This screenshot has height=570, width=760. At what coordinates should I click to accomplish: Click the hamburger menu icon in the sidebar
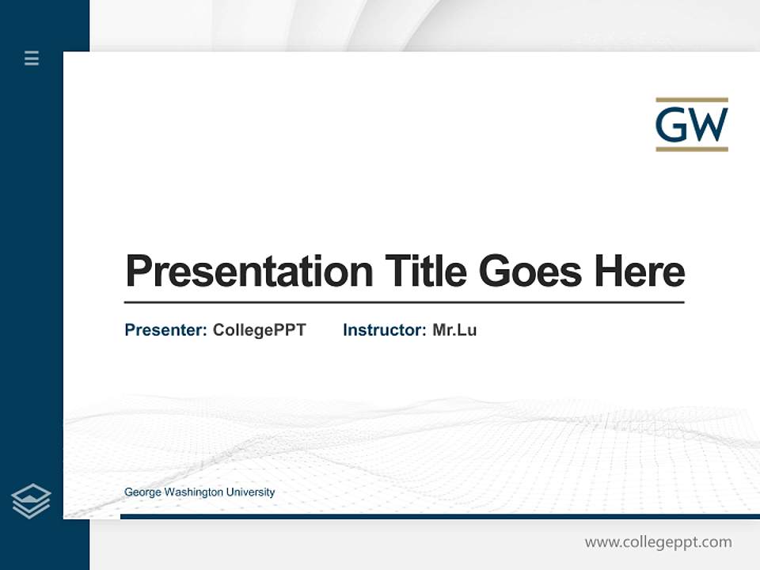point(32,58)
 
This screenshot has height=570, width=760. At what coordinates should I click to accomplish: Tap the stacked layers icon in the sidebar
point(31,501)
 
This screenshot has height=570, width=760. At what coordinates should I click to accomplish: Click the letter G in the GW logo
point(673,124)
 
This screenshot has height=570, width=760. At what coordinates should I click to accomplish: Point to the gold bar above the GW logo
point(691,101)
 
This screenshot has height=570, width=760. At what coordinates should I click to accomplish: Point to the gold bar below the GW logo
point(691,148)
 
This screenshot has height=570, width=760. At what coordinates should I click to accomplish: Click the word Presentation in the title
point(249,272)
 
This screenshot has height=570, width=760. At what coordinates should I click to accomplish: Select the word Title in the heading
point(425,272)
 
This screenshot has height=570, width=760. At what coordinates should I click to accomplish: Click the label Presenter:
point(165,330)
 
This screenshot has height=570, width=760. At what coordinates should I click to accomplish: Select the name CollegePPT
point(259,330)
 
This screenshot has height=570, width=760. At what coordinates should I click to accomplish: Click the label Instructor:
point(384,330)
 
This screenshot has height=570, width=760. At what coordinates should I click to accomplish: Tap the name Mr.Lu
point(454,330)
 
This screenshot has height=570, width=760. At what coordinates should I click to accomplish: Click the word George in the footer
point(143,492)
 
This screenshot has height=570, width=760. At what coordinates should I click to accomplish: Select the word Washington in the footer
point(194,492)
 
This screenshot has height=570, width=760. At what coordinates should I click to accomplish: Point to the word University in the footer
point(250,492)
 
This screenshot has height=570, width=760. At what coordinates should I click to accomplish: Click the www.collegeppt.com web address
point(658,542)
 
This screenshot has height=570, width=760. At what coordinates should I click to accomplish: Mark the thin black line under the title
point(404,302)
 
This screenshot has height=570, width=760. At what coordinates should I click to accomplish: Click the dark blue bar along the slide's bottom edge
point(439,516)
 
